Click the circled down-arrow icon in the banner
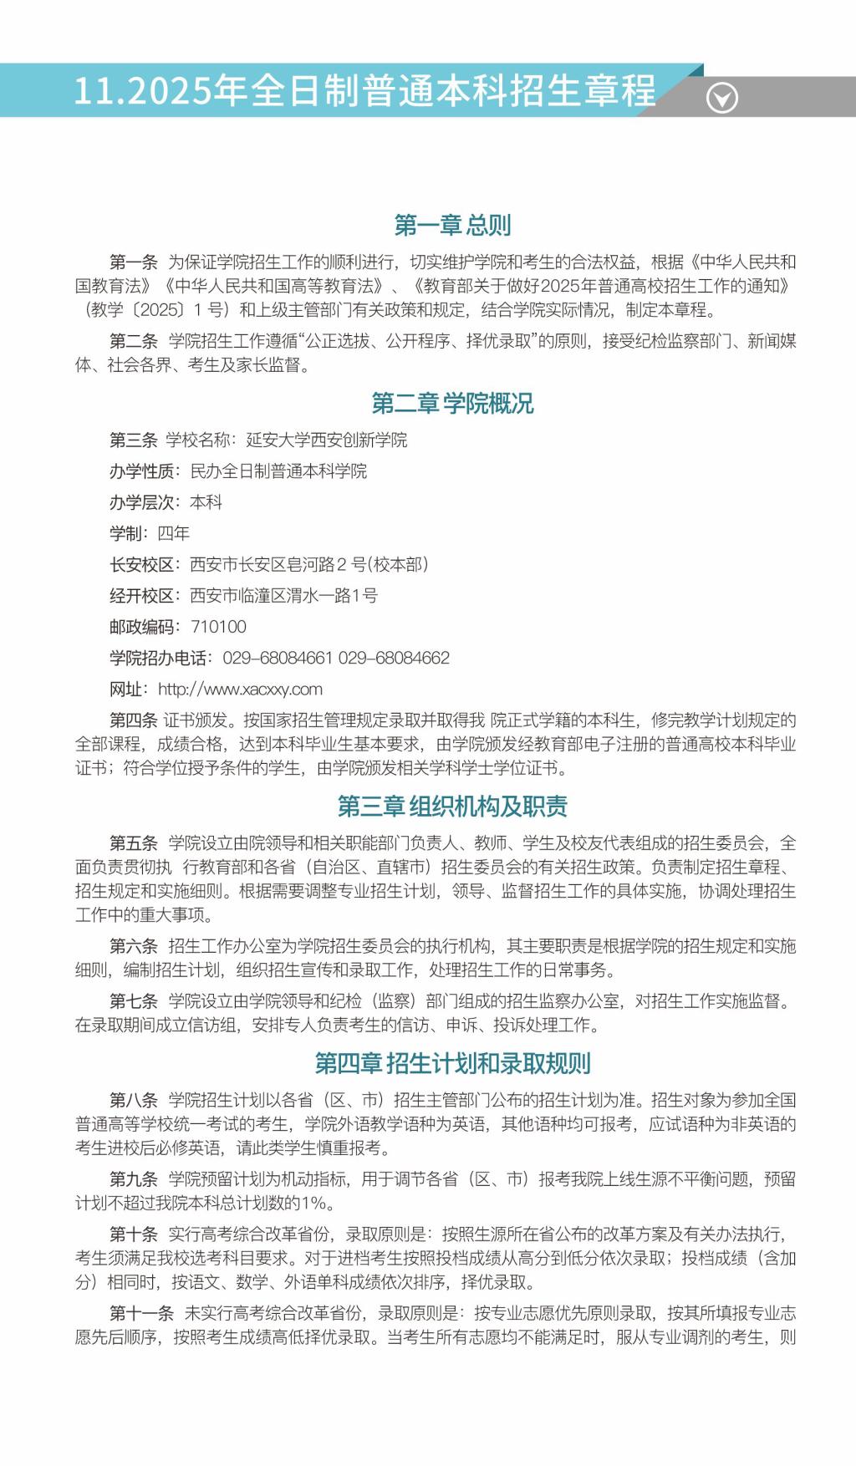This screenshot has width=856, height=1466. tap(721, 98)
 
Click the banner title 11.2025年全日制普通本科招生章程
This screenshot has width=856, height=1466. tap(365, 90)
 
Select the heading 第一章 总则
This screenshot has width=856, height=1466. tap(452, 225)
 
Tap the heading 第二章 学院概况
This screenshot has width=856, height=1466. tap(452, 404)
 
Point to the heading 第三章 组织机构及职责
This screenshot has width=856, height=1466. tap(452, 807)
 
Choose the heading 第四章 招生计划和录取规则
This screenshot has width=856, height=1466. tap(452, 1063)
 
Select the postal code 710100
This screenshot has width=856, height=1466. tap(218, 627)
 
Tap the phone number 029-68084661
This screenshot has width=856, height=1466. tap(278, 659)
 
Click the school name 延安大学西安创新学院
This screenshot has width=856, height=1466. tap(326, 440)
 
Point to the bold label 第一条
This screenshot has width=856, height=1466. tap(134, 262)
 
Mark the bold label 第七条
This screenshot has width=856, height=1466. tap(134, 1001)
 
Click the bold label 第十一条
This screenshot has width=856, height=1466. tap(141, 1314)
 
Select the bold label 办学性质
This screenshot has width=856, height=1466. tap(141, 471)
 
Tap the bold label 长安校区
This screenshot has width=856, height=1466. tap(141, 565)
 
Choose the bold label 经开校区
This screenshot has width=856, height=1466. tap(141, 596)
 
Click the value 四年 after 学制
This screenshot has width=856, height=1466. tap(174, 533)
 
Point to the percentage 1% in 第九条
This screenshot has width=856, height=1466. tap(315, 1204)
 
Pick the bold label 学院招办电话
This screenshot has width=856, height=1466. tap(158, 659)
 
